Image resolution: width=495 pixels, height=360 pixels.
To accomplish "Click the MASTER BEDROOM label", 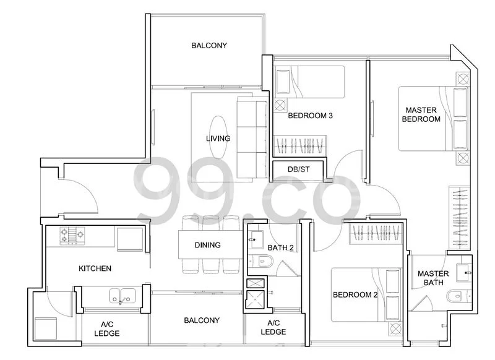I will click(421, 114).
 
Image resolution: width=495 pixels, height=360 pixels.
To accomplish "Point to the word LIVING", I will click(218, 139).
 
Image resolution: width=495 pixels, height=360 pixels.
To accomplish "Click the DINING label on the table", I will click(207, 245).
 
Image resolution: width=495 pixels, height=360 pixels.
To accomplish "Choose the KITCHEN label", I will click(95, 268).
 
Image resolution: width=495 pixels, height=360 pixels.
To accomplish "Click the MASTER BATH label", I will click(433, 278).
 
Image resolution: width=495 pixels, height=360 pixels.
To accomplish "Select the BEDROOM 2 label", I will click(355, 294).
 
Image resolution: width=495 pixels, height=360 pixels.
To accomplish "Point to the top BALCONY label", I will click(209, 45).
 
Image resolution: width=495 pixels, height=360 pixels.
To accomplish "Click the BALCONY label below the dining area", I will click(201, 320).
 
